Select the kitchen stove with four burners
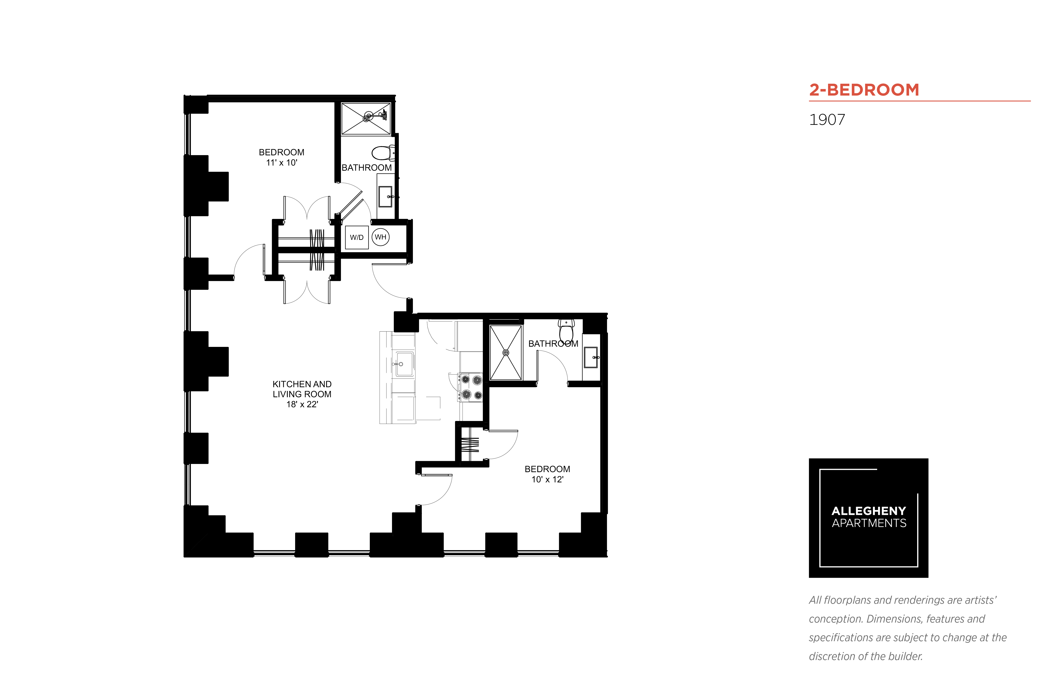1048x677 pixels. (470, 387)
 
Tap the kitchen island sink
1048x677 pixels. (404, 364)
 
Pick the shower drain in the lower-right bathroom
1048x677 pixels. (505, 353)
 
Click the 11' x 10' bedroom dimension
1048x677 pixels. (282, 163)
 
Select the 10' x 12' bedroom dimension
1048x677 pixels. (547, 480)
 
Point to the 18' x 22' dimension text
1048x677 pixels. (302, 404)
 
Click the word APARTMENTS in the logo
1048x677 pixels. (869, 523)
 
